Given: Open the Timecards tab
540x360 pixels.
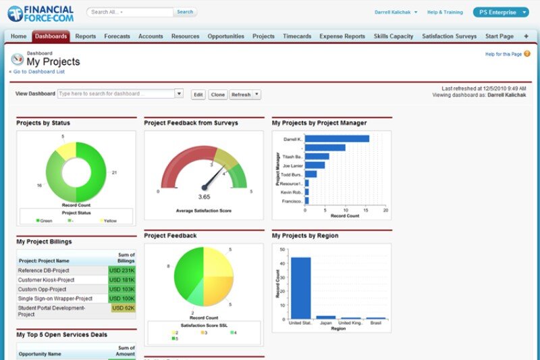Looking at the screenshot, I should (297, 36).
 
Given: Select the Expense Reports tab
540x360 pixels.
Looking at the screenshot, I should (342, 36).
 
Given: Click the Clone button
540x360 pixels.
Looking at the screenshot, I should (217, 95).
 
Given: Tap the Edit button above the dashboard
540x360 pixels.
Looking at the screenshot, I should (198, 95).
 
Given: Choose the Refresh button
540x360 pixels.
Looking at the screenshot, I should (241, 95).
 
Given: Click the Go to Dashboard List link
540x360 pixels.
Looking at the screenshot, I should (39, 71).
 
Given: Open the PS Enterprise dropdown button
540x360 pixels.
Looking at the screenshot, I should (500, 12).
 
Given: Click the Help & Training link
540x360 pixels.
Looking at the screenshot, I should (445, 12).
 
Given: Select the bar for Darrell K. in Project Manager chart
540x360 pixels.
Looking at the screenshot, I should (337, 138).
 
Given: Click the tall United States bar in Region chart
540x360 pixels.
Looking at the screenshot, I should (300, 288).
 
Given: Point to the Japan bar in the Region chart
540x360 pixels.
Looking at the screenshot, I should (325, 317).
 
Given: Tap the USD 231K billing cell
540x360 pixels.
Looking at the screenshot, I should (122, 270).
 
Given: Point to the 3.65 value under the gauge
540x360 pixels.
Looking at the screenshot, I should (205, 197).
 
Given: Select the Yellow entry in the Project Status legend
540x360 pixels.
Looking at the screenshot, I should (110, 220).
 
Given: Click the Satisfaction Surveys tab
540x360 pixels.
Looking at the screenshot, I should (449, 36).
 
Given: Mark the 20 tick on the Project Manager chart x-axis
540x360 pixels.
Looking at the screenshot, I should (385, 210).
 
